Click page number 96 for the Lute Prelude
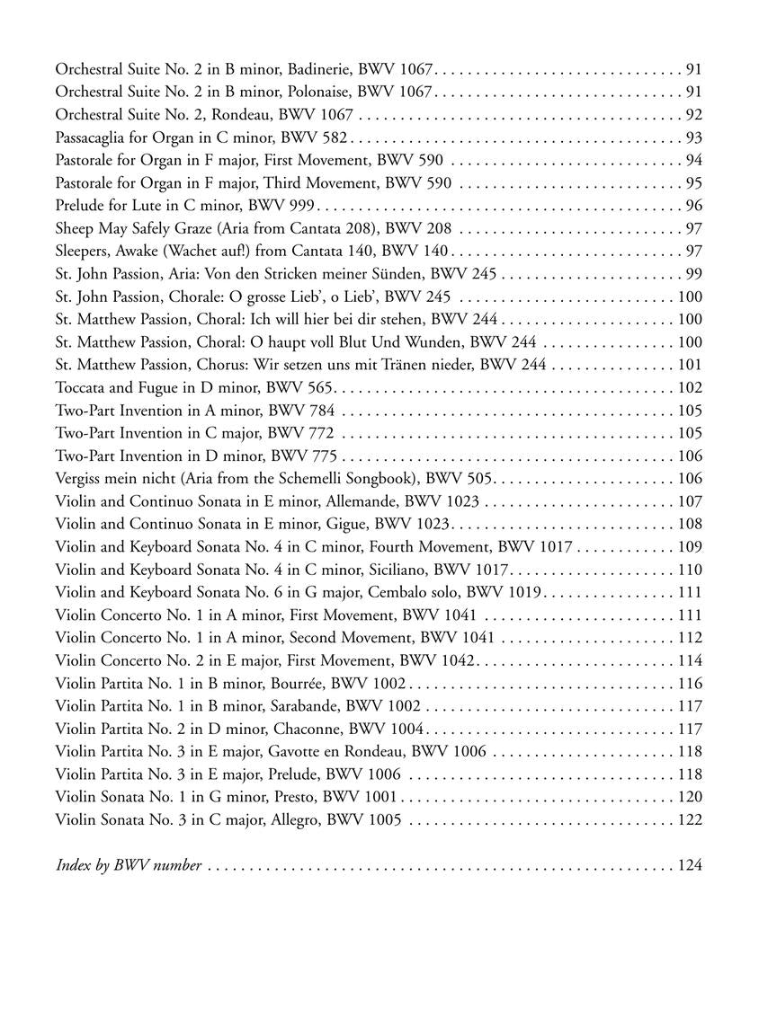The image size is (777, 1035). click(693, 206)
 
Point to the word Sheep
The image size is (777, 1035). click(76, 229)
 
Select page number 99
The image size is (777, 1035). click(693, 274)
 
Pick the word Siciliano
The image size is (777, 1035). click(434, 570)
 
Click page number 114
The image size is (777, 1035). click(690, 661)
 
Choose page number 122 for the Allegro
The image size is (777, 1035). click(690, 819)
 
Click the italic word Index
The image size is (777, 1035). click(75, 865)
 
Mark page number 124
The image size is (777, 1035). click(690, 865)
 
